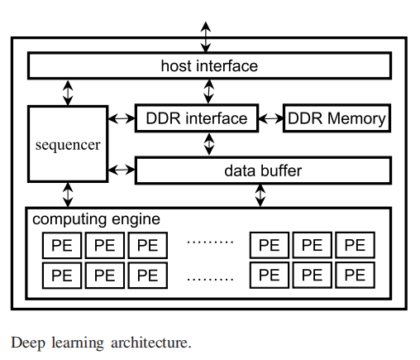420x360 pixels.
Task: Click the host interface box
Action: point(209,65)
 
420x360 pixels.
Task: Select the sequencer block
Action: point(68,144)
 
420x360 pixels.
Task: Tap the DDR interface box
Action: point(197,118)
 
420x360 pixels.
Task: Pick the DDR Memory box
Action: point(336,118)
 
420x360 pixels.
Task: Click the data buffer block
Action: point(262,170)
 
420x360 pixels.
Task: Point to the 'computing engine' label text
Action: point(96,219)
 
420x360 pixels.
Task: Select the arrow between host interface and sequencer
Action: point(68,91)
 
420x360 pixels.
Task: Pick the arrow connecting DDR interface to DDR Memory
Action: point(271,118)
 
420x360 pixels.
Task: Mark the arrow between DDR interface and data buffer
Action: point(209,144)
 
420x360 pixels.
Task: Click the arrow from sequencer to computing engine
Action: point(68,194)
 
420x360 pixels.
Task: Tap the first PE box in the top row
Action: point(62,246)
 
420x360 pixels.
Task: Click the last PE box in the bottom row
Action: point(355,275)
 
